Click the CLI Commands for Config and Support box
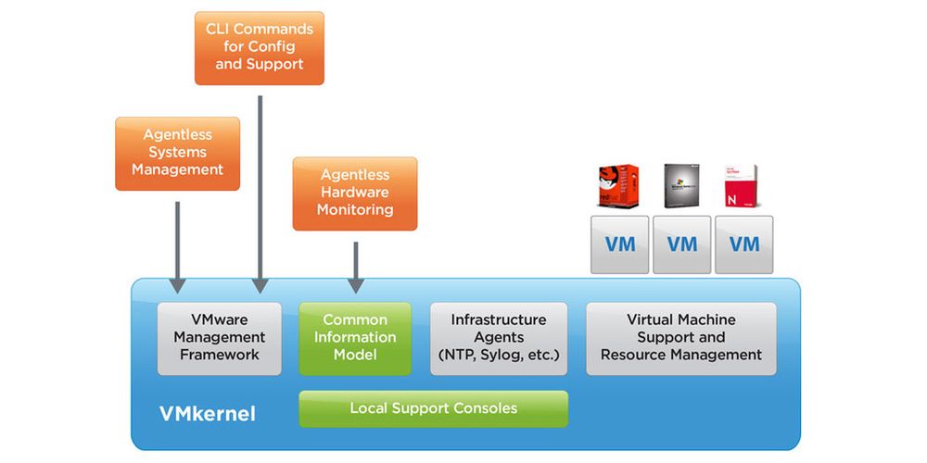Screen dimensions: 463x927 [x=260, y=48]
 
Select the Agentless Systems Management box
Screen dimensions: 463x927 [x=177, y=153]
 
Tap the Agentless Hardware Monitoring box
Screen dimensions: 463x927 [x=355, y=193]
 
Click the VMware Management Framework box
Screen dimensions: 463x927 [x=220, y=338]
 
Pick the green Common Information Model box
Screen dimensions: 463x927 [x=355, y=338]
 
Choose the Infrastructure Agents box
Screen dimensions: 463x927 [x=499, y=338]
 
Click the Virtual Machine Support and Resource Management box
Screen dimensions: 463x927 [x=681, y=338]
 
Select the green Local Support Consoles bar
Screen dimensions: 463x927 [x=433, y=408]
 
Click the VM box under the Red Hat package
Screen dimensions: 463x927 [x=619, y=244]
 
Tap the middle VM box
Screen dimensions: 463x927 [x=681, y=244]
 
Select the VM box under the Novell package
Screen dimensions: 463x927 [x=743, y=244]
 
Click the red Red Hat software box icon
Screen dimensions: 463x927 [x=618, y=185]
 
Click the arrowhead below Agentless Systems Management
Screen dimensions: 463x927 [x=177, y=285]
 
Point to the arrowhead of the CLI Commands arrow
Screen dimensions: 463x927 [x=260, y=285]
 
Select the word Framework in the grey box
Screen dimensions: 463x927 [x=220, y=355]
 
